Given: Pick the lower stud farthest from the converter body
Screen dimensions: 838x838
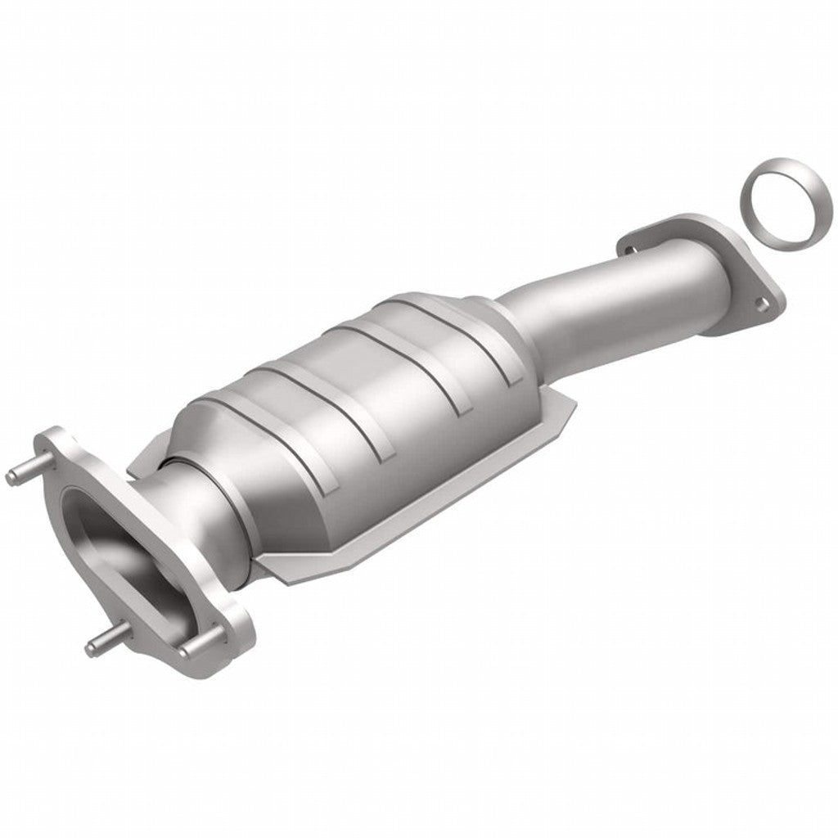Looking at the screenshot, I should (x=101, y=646).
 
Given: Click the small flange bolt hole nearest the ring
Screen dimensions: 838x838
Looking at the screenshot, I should (x=761, y=305).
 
